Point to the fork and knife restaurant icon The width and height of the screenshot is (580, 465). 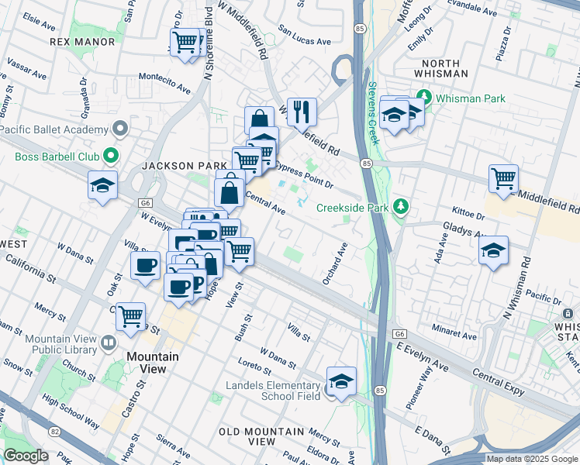tap(301, 111)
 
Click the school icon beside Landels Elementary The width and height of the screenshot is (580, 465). tap(340, 381)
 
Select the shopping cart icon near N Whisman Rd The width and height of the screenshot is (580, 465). tap(503, 178)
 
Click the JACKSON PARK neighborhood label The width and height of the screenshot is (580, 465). tap(183, 166)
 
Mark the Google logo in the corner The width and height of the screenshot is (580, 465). tap(26, 456)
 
